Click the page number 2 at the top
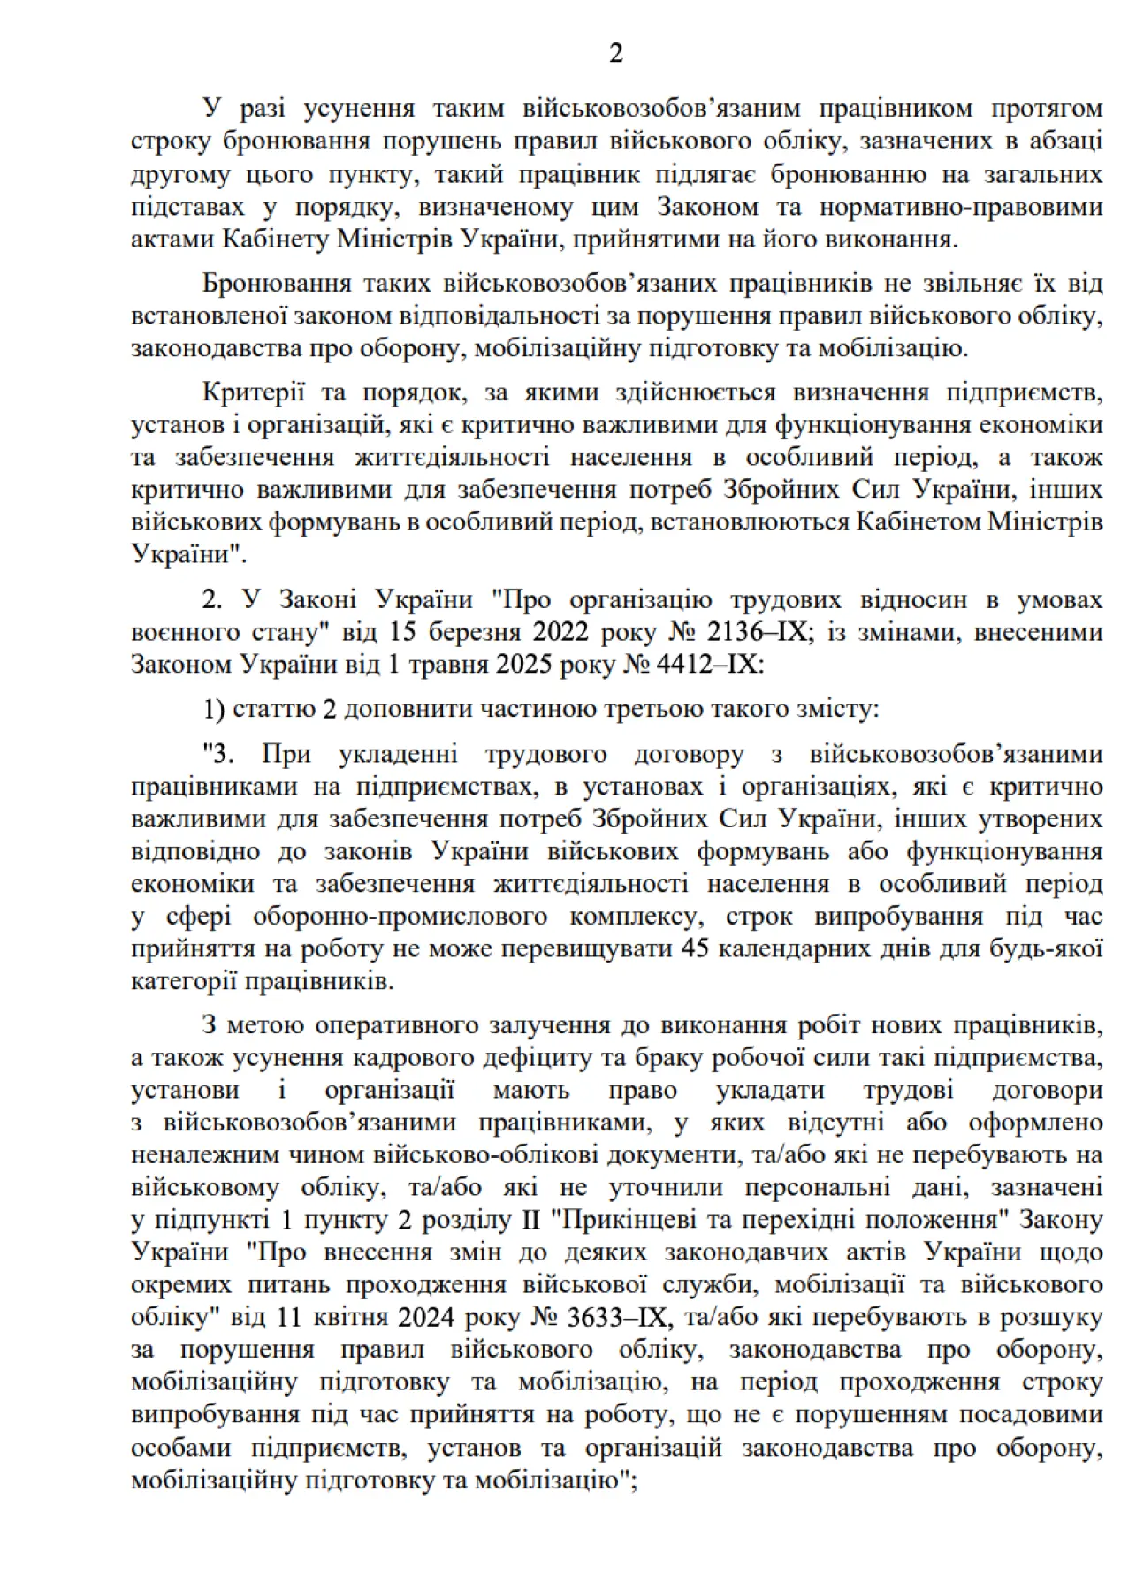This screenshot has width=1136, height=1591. tap(616, 53)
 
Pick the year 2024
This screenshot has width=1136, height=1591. tap(426, 1317)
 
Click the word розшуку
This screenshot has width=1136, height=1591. tap(1051, 1317)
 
